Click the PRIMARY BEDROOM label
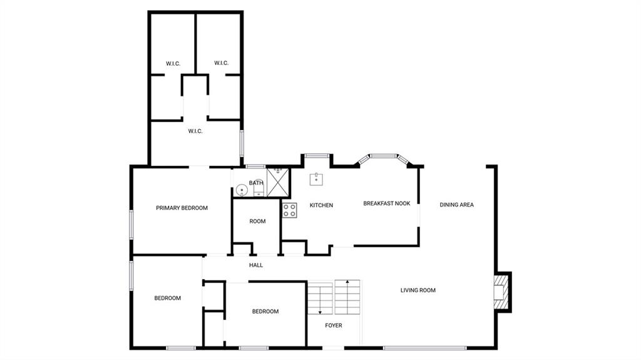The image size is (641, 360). tap(182, 208)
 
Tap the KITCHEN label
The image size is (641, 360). tap(321, 205)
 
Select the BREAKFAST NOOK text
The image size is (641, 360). tap(387, 203)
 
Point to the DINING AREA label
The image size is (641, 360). tap(456, 205)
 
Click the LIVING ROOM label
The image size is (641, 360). tap(418, 290)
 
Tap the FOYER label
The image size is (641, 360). tap(334, 325)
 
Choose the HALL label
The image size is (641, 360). tap(256, 265)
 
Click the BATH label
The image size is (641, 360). tap(256, 183)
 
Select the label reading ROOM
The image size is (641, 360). tap(257, 221)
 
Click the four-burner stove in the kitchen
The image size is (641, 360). tap(289, 210)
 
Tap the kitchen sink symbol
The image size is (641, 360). tap(316, 179)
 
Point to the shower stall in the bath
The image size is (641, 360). tap(277, 182)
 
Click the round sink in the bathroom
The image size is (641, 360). tap(242, 190)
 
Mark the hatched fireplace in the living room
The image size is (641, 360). tap(501, 292)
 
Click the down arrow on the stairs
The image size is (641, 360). tap(320, 299)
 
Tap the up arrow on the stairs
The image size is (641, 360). tap(347, 296)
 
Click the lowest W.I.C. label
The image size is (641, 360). tap(195, 131)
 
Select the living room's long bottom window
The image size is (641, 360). tap(425, 348)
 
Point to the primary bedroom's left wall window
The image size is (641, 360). tap(131, 224)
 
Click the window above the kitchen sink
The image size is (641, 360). tap(317, 155)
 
